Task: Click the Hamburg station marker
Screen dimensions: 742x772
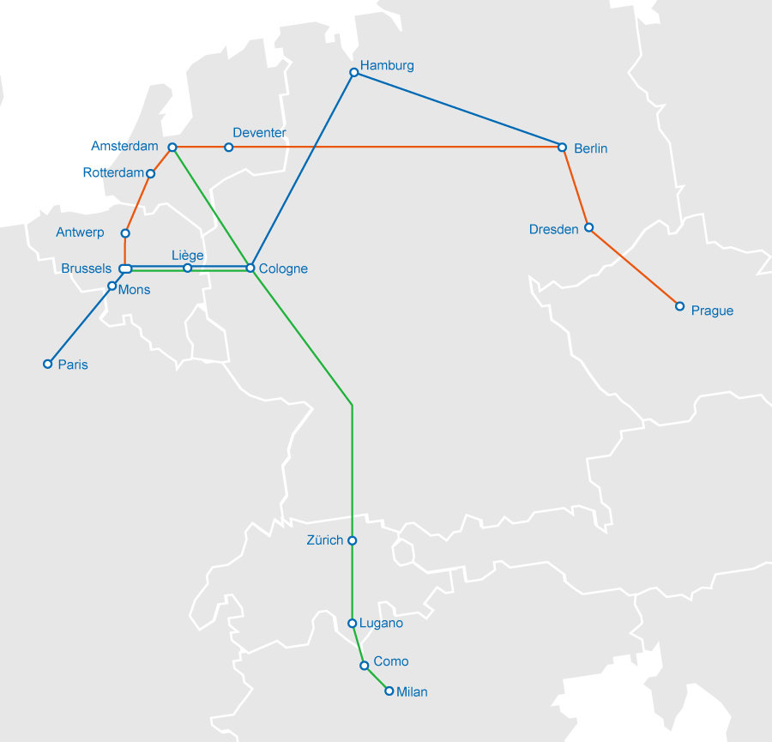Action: pyautogui.click(x=353, y=72)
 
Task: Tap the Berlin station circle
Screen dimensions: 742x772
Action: pyautogui.click(x=563, y=148)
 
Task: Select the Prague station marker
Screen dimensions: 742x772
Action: pyautogui.click(x=679, y=306)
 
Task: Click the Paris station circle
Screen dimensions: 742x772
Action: pyautogui.click(x=48, y=364)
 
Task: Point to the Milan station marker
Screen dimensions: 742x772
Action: pyautogui.click(x=389, y=691)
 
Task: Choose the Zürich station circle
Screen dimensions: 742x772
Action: pyautogui.click(x=352, y=540)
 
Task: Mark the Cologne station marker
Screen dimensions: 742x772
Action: pyautogui.click(x=250, y=268)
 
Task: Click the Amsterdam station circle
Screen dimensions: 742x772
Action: pyautogui.click(x=172, y=148)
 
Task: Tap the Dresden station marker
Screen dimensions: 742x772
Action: pyautogui.click(x=588, y=227)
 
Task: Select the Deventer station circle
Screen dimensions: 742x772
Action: pyautogui.click(x=228, y=148)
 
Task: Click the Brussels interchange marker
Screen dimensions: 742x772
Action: pyautogui.click(x=125, y=269)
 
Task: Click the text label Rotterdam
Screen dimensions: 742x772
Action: pyautogui.click(x=113, y=173)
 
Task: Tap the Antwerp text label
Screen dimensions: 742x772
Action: pyautogui.click(x=80, y=232)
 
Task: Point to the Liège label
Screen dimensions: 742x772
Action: pyautogui.click(x=188, y=255)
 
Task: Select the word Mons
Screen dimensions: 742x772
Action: pyautogui.click(x=134, y=290)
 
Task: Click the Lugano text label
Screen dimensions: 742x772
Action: pyautogui.click(x=381, y=624)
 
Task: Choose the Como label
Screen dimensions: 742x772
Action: pyautogui.click(x=391, y=661)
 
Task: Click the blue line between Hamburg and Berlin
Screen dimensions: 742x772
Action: pyautogui.click(x=458, y=110)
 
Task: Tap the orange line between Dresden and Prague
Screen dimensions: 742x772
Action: pyautogui.click(x=634, y=267)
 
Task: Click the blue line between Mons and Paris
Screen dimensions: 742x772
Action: pyautogui.click(x=80, y=325)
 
